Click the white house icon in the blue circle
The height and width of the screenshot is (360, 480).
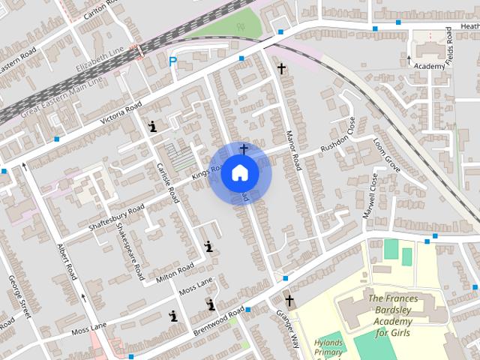pos(240,172)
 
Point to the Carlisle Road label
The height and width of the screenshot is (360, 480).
pos(167,181)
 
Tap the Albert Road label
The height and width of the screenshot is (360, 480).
pos(67,261)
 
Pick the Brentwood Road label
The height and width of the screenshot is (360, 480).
pos(219,319)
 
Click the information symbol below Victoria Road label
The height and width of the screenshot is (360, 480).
pos(153,127)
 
